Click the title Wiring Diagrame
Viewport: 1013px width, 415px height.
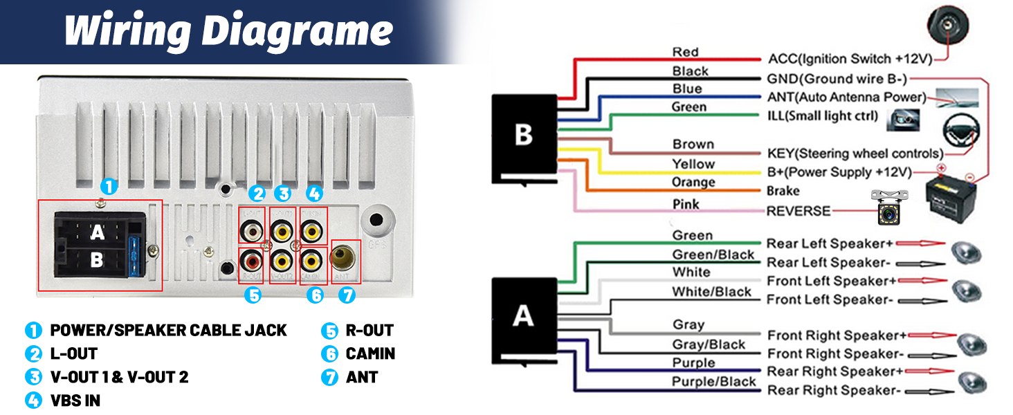click(x=228, y=31)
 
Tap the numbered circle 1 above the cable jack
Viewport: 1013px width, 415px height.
click(x=109, y=186)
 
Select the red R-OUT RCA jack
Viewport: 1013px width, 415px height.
click(x=251, y=261)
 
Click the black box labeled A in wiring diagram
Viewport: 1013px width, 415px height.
click(x=523, y=316)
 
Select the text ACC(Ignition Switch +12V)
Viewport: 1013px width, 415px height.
click(x=849, y=59)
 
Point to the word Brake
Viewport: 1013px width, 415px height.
click(x=783, y=191)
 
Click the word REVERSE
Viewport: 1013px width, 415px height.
click(x=798, y=211)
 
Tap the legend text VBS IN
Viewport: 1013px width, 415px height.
click(x=75, y=400)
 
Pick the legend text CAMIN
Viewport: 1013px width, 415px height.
click(x=370, y=353)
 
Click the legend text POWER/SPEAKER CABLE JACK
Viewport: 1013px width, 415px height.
click(x=168, y=330)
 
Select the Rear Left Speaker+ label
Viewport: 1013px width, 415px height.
click(x=830, y=243)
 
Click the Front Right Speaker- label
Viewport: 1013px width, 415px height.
click(x=832, y=354)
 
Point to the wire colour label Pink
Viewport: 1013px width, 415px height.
click(x=686, y=204)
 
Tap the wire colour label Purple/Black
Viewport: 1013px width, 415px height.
click(x=713, y=382)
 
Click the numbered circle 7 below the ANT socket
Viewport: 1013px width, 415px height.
click(x=347, y=295)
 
